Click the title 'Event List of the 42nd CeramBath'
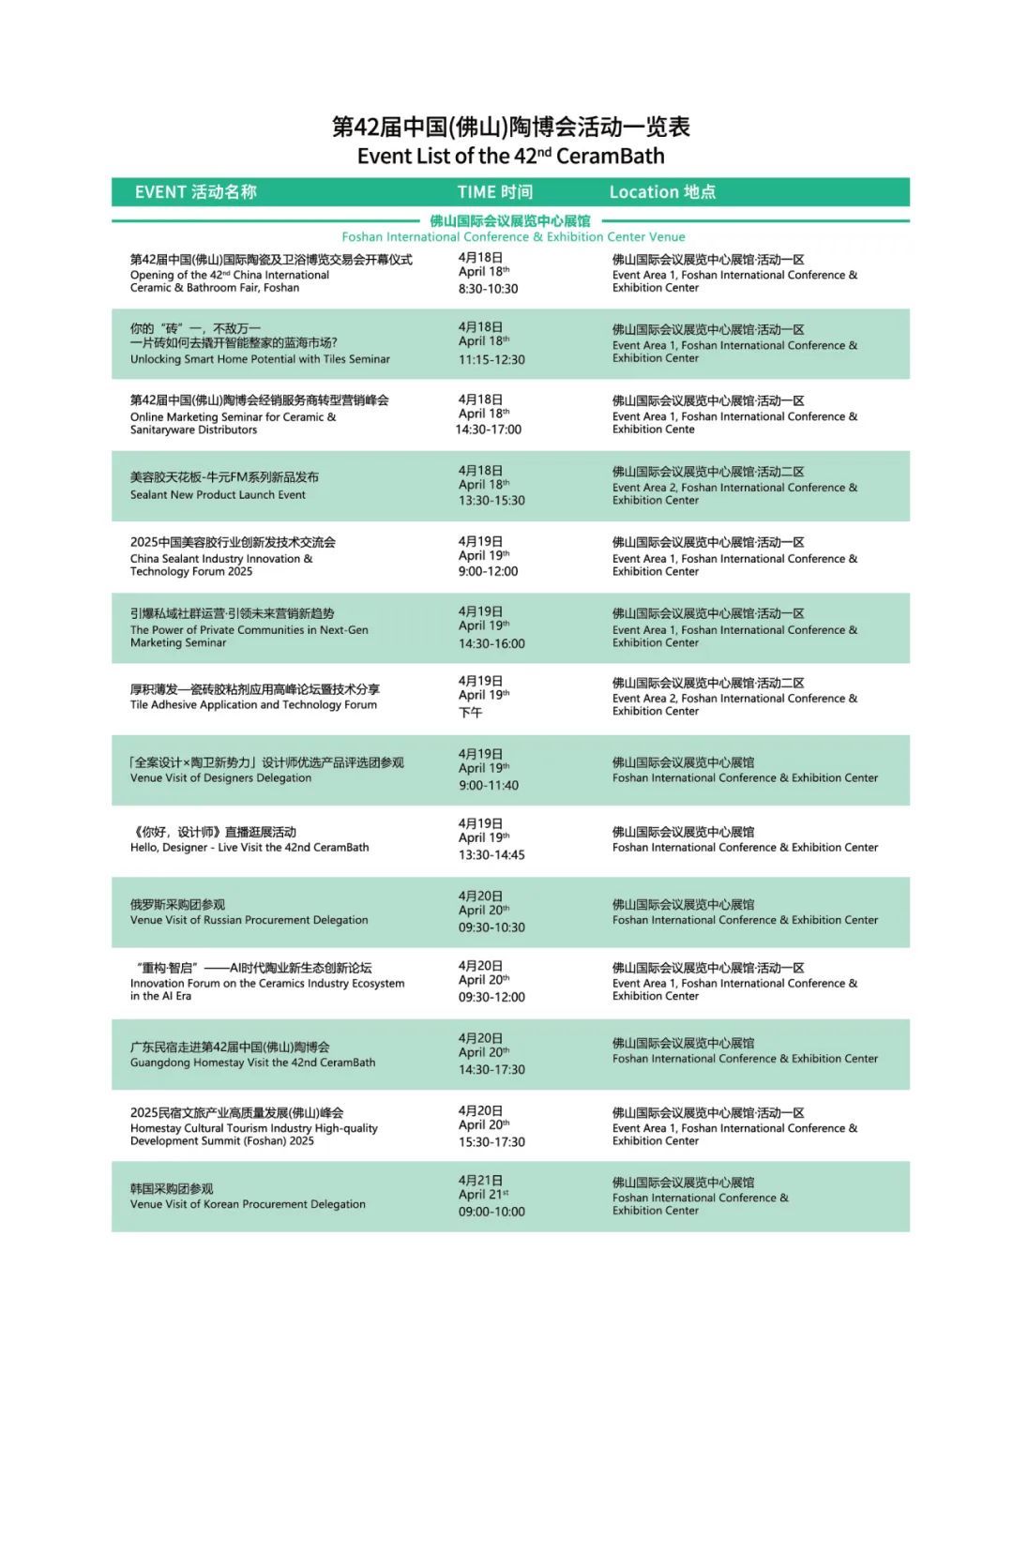point(510,156)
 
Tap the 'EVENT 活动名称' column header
point(195,192)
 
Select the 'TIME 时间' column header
point(494,192)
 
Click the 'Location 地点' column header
point(662,192)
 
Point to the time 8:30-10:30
point(488,289)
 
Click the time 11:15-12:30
point(491,360)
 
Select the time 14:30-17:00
point(489,429)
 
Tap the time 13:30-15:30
point(491,501)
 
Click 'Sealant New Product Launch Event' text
point(218,495)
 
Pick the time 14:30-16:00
point(491,644)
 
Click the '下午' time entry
point(470,713)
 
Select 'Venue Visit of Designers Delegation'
point(220,778)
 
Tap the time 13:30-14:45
point(491,855)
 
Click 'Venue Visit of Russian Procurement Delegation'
point(249,921)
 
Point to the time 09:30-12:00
point(491,998)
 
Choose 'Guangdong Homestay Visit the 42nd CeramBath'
point(252,1063)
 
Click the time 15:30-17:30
point(491,1142)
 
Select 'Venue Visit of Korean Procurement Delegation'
point(248,1205)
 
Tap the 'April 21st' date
point(483,1195)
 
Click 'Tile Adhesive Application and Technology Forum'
point(253,705)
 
